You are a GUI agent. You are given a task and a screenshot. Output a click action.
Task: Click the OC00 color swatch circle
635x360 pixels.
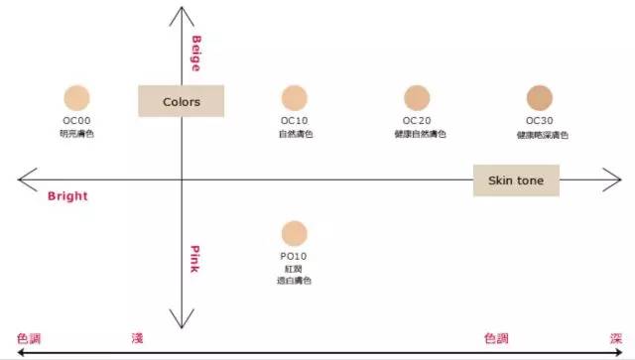pyautogui.click(x=76, y=97)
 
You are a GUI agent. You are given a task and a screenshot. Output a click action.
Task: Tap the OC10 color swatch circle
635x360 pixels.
pyautogui.click(x=294, y=97)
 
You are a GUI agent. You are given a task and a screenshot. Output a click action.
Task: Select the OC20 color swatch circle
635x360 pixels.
pyautogui.click(x=417, y=97)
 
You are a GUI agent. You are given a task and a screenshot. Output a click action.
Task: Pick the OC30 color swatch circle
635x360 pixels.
pyautogui.click(x=539, y=97)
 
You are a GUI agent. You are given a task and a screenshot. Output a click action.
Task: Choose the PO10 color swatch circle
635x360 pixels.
pyautogui.click(x=294, y=233)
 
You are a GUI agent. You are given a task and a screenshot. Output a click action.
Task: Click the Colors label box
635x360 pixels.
pyautogui.click(x=181, y=101)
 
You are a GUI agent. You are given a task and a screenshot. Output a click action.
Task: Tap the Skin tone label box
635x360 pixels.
pyautogui.click(x=516, y=180)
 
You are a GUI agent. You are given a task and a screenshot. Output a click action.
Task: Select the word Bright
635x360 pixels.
pyautogui.click(x=67, y=196)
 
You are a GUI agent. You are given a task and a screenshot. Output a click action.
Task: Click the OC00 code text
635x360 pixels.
pyautogui.click(x=76, y=121)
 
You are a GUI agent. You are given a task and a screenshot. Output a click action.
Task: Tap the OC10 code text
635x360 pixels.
pyautogui.click(x=294, y=121)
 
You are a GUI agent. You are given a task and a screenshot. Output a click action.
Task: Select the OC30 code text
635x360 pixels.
pyautogui.click(x=540, y=121)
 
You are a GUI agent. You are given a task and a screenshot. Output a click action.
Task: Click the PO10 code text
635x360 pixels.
pyautogui.click(x=294, y=257)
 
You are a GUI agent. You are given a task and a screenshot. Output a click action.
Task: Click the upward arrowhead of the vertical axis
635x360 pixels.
pyautogui.click(x=181, y=11)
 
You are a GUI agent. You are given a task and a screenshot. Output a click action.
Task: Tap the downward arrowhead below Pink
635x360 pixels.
pyautogui.click(x=181, y=322)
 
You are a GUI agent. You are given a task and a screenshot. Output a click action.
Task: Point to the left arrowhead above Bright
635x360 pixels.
pyautogui.click(x=24, y=180)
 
